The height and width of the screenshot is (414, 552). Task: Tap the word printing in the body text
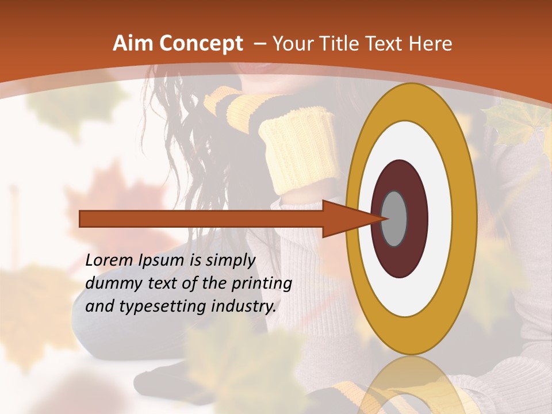click(262, 284)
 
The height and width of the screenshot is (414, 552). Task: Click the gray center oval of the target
click(394, 218)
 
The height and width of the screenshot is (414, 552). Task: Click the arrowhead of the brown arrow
click(354, 218)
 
